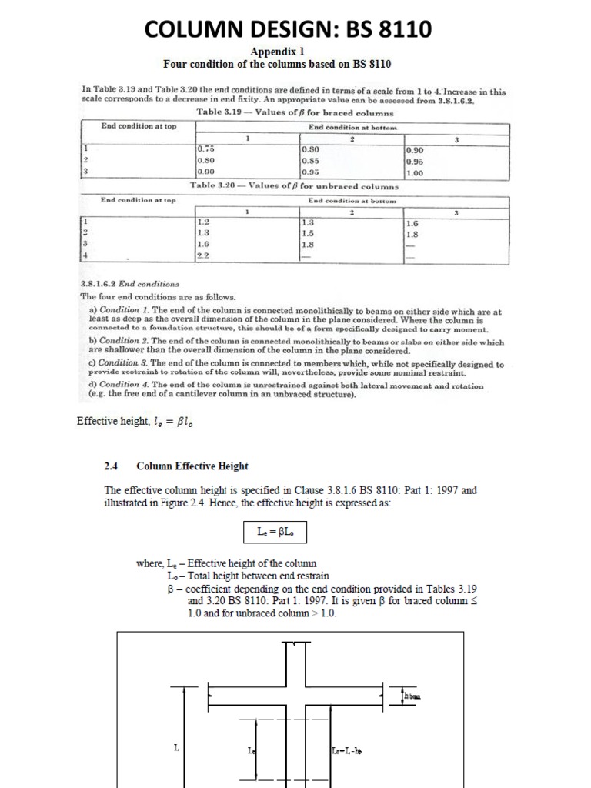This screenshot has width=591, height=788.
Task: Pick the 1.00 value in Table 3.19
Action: [x=415, y=173]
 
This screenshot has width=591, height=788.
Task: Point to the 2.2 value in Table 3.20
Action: [x=203, y=257]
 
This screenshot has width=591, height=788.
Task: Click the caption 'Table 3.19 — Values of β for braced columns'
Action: [x=295, y=112]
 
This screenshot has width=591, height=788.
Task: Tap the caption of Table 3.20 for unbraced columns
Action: [x=295, y=186]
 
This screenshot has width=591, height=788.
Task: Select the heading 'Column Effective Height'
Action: [x=192, y=466]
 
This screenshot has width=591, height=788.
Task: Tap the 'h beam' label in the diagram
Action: [x=412, y=696]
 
